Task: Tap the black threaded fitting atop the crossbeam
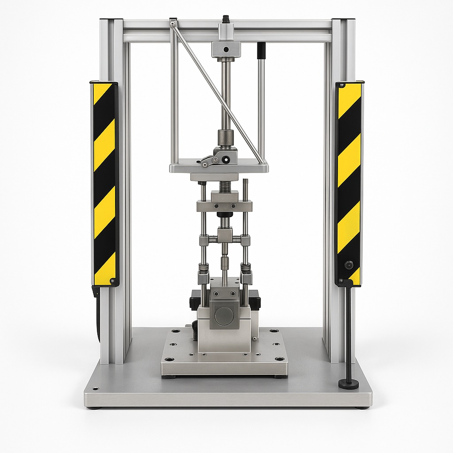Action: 226,19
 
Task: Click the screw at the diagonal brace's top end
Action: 173,24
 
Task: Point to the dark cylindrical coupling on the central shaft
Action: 226,137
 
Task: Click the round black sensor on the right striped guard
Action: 349,265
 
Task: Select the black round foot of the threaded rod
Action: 349,384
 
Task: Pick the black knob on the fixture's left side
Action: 194,300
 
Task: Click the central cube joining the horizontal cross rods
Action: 225,234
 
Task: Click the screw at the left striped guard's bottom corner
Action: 112,280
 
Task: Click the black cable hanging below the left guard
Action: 97,314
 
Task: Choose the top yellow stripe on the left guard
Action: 100,92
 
